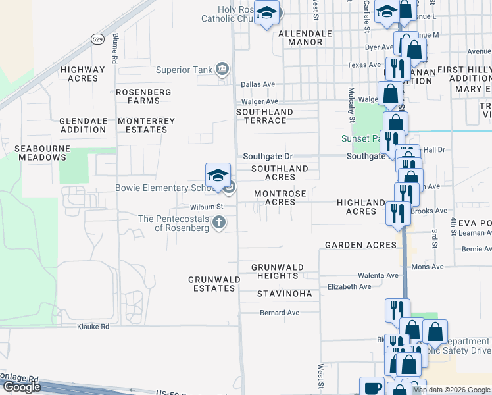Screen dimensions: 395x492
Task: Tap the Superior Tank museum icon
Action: coord(222,70)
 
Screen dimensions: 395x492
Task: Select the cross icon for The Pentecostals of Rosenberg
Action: coord(219,224)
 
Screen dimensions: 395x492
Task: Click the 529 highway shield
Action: coord(97,38)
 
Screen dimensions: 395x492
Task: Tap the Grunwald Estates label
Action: coord(214,284)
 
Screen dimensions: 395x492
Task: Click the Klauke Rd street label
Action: coord(92,326)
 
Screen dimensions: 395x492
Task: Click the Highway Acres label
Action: coord(82,74)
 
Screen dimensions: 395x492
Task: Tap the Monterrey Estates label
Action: coord(146,125)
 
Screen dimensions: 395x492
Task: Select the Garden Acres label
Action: coord(361,245)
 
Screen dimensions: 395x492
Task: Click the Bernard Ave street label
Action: coord(280,313)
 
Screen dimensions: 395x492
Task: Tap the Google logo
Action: coord(22,387)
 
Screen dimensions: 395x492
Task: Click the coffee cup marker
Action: coord(372,387)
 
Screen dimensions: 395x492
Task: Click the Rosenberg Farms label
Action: coord(143,96)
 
